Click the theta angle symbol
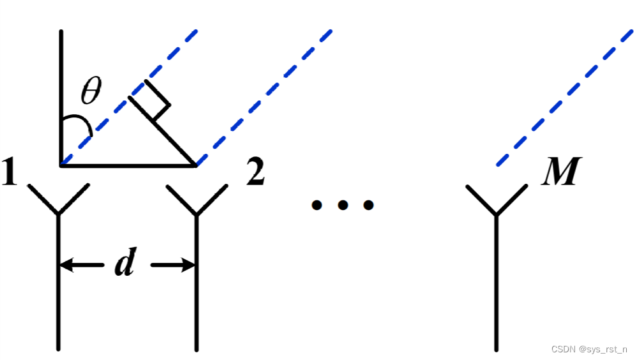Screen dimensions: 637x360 [x=91, y=93]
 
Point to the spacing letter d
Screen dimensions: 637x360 [x=125, y=264]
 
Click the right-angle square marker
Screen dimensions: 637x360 [x=151, y=101]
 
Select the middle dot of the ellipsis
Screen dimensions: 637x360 [x=343, y=205]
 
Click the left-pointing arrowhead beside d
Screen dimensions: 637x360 [x=66, y=264]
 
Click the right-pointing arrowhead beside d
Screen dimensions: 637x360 [x=188, y=264]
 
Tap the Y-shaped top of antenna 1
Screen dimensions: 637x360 [x=58, y=199]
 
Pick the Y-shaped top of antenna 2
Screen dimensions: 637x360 [x=197, y=199]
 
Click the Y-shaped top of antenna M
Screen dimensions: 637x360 [x=497, y=199]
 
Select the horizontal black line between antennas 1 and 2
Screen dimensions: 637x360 [x=128, y=165]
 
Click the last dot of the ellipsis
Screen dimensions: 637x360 [x=368, y=205]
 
